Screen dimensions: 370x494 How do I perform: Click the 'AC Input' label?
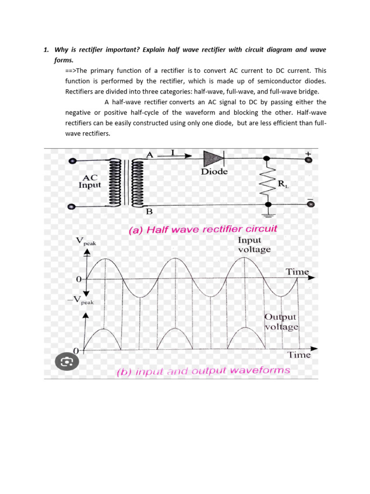tap(90, 181)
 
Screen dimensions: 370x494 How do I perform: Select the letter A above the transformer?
tap(149, 154)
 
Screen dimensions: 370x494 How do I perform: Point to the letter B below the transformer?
tap(149, 211)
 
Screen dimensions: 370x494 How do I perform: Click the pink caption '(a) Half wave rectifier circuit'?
tap(203, 230)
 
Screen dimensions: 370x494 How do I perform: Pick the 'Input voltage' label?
tap(254, 245)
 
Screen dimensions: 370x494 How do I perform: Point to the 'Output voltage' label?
tap(281, 322)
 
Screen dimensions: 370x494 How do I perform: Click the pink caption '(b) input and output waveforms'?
tap(204, 371)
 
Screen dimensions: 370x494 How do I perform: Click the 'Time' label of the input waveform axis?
tap(297, 272)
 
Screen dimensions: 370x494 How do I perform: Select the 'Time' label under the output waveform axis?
tap(299, 355)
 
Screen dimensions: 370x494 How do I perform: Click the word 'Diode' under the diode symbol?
tap(214, 172)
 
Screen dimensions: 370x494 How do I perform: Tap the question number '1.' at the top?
tap(46, 49)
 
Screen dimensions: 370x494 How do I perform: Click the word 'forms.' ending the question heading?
tap(64, 61)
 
